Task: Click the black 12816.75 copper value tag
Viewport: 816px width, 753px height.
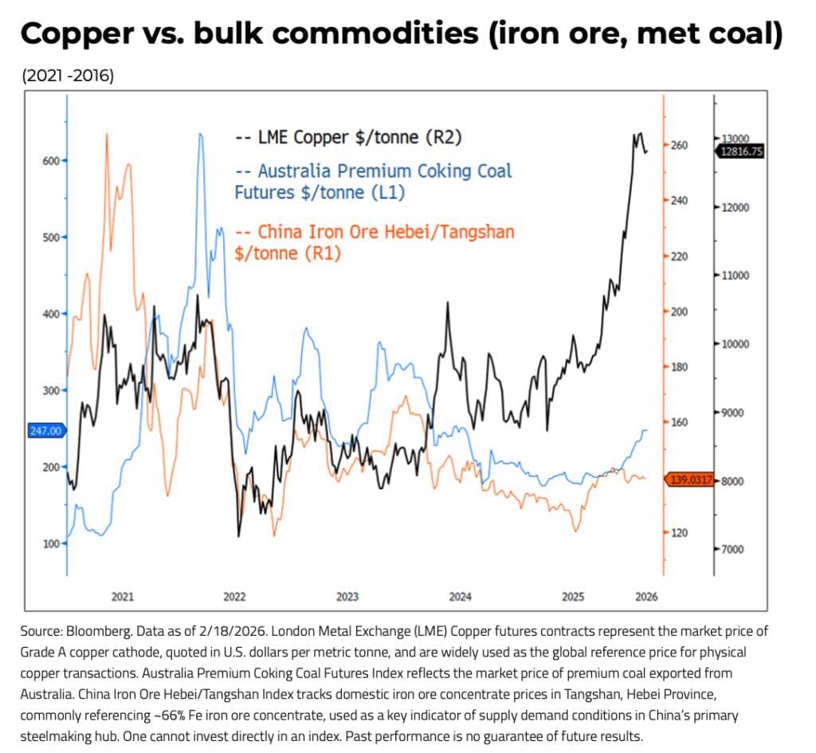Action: [739, 151]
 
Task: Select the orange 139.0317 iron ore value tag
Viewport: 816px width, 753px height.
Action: [689, 479]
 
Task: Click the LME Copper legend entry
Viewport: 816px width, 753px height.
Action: [348, 137]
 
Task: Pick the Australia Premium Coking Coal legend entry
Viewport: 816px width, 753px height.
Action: [373, 182]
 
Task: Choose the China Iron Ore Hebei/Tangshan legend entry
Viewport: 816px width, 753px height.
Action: [375, 242]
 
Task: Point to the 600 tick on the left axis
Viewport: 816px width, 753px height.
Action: [50, 161]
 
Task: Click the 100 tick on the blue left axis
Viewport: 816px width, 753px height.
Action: [50, 543]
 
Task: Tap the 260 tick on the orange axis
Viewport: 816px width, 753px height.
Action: [679, 145]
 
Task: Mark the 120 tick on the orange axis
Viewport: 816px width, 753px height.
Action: [679, 533]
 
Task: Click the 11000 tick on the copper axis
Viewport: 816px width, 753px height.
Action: [735, 276]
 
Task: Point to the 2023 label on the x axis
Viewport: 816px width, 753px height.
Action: [347, 597]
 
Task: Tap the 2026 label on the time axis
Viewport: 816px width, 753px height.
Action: [646, 597]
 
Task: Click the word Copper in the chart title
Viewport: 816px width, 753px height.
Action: [77, 33]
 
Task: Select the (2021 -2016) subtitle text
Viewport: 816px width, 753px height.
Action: [68, 76]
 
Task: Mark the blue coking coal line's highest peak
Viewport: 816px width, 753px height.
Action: [200, 134]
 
